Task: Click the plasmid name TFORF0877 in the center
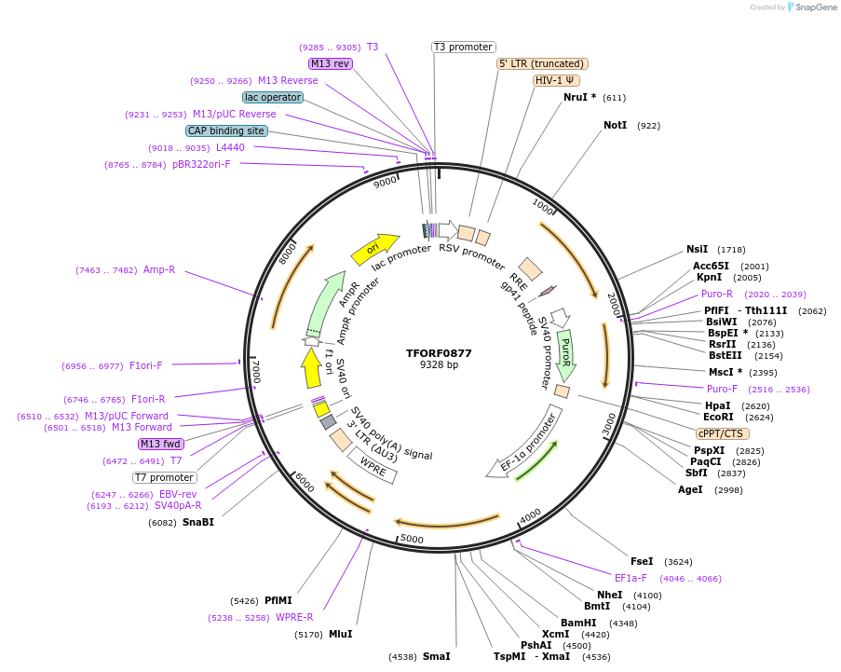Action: [x=439, y=353]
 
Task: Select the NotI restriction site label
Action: [x=616, y=125]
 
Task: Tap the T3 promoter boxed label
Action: [x=464, y=47]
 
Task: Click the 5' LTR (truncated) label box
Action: [x=542, y=63]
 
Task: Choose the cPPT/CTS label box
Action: [x=722, y=433]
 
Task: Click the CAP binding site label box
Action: [x=226, y=131]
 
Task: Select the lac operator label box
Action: [x=272, y=97]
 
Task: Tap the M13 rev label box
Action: [x=331, y=63]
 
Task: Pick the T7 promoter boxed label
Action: [x=164, y=477]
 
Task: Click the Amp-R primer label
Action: [x=159, y=270]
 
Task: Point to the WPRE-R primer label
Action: [x=294, y=617]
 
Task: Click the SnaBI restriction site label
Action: [x=197, y=522]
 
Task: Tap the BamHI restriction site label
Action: [x=578, y=623]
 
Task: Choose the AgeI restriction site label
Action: [x=690, y=489]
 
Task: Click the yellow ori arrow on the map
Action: [x=371, y=250]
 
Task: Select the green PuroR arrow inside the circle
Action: [x=565, y=354]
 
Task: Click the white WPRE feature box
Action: [x=373, y=465]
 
